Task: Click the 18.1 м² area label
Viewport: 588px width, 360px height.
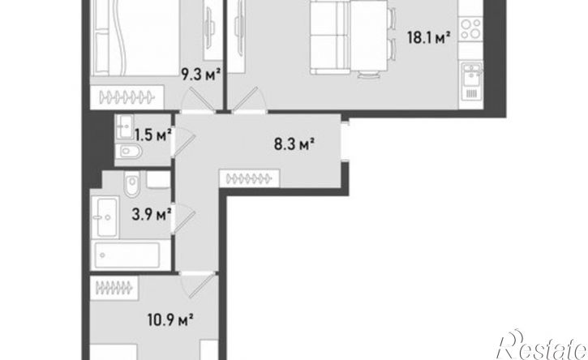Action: tap(428, 37)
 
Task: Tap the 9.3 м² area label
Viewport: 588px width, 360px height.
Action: tap(200, 75)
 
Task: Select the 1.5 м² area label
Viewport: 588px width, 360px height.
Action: tap(153, 135)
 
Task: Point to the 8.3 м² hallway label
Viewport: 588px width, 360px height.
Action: tap(294, 144)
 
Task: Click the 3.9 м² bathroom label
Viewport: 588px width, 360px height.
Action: tap(152, 215)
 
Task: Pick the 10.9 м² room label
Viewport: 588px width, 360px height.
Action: tap(170, 320)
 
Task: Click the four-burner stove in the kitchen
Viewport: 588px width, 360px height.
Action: tap(470, 29)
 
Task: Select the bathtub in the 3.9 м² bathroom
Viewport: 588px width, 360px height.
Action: tap(127, 255)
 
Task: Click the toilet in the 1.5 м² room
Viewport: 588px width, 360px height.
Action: tap(129, 152)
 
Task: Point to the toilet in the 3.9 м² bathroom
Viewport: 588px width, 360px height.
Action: tap(132, 184)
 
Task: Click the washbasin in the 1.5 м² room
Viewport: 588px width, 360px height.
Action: tap(125, 126)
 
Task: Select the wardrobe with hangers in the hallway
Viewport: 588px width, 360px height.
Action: tap(250, 178)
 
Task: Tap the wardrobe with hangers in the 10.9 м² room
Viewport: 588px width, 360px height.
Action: tap(114, 288)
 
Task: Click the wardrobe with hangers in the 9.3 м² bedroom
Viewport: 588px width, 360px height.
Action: tap(127, 97)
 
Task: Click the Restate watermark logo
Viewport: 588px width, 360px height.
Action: tap(541, 345)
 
